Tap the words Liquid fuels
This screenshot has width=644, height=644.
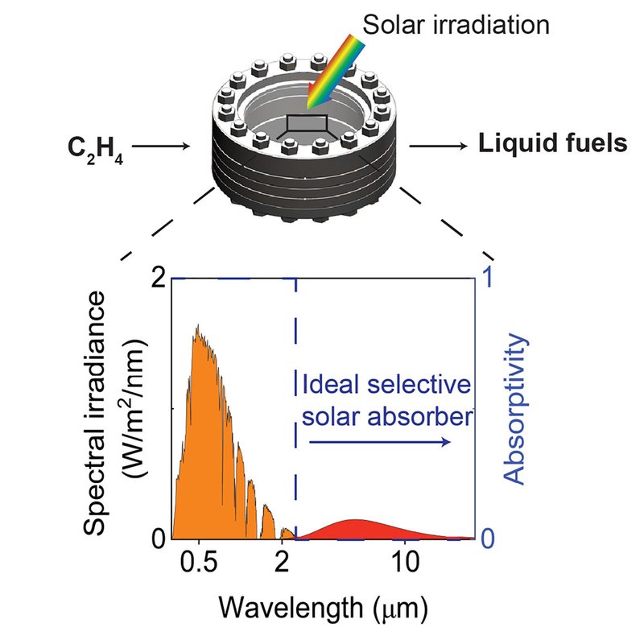552,145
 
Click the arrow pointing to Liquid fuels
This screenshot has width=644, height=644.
438,146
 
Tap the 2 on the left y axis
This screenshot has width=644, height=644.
157,278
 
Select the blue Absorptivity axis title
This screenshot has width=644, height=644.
516,411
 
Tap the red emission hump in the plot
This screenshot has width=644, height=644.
354,530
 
